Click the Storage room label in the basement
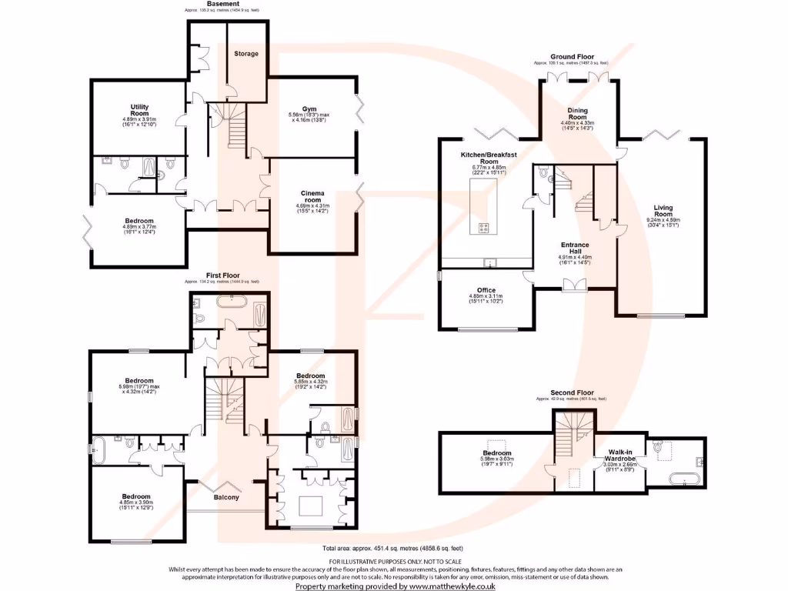(x=246, y=53)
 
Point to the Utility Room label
(x=139, y=110)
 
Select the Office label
(x=486, y=290)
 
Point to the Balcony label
(x=225, y=497)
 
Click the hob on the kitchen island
(x=485, y=226)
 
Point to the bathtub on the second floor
(x=684, y=479)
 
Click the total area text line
(x=393, y=548)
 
